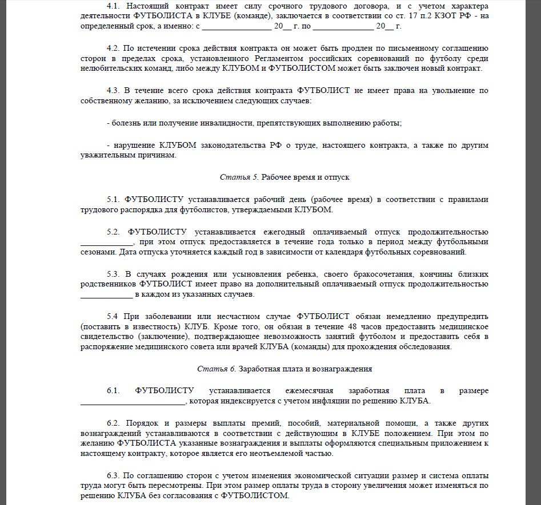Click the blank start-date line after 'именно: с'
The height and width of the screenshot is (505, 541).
pyautogui.click(x=237, y=27)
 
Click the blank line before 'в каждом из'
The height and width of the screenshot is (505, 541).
pyautogui.click(x=106, y=295)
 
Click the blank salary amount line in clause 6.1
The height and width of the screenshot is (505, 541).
pyautogui.click(x=133, y=401)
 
